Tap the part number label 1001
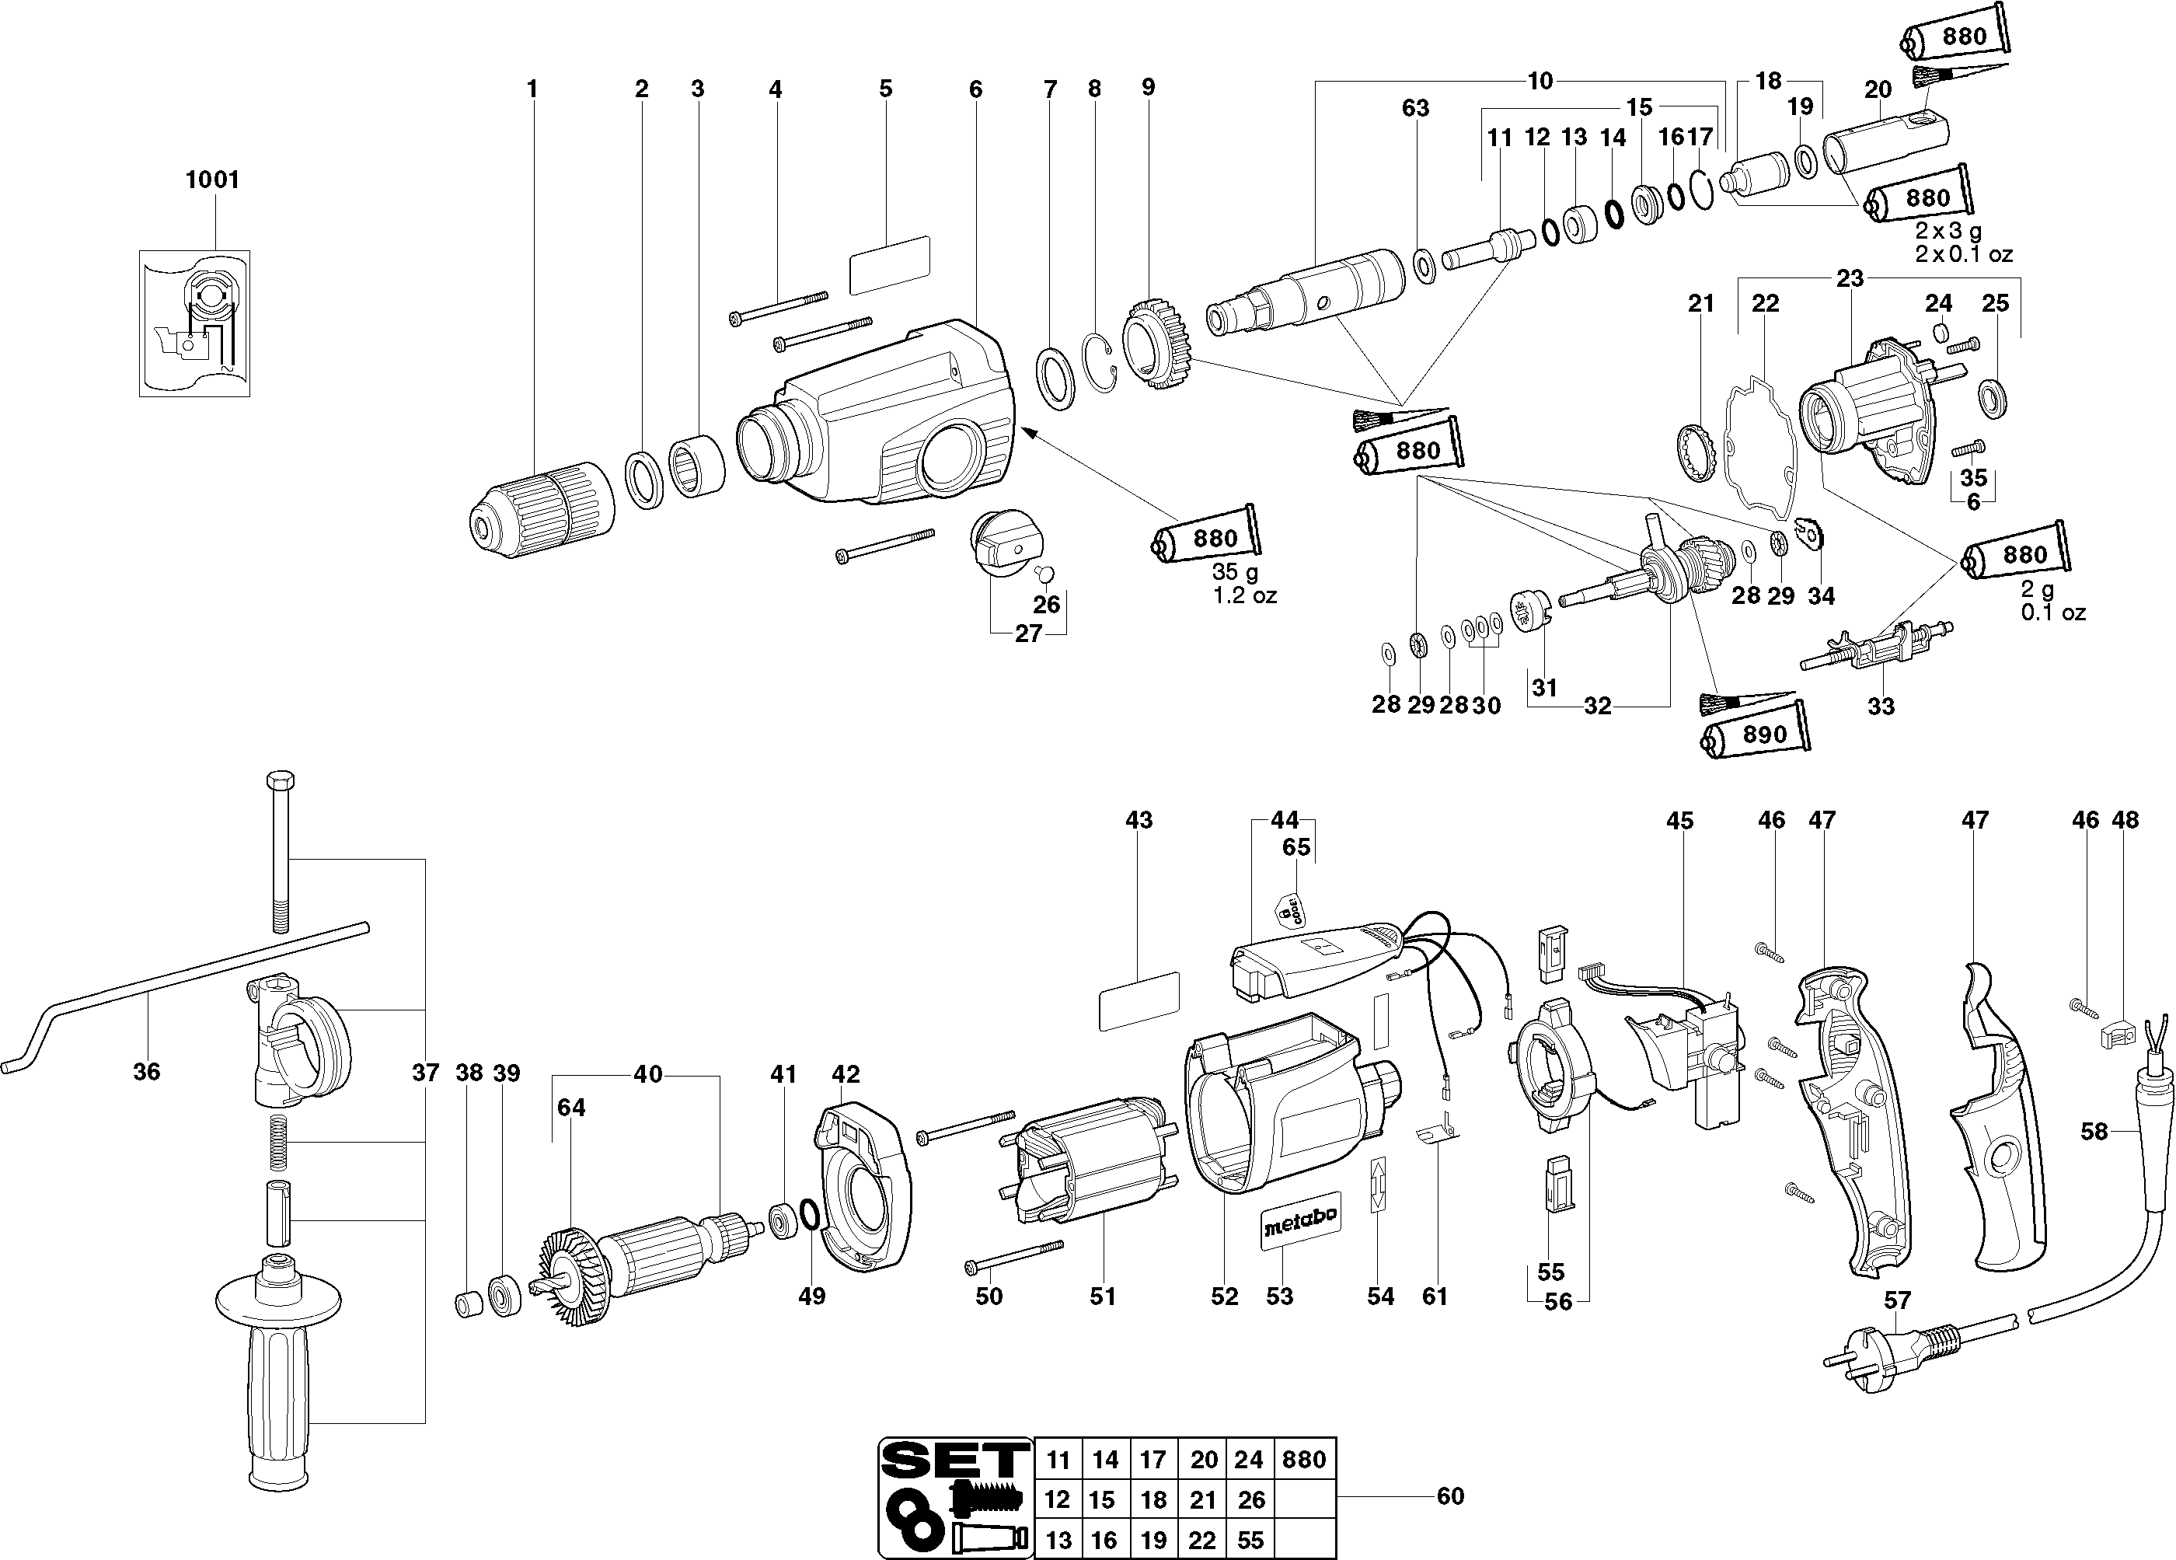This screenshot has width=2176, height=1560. pyautogui.click(x=212, y=180)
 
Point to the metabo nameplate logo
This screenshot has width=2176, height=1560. pyautogui.click(x=1299, y=1224)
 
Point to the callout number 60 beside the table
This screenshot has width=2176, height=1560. pyautogui.click(x=1449, y=1495)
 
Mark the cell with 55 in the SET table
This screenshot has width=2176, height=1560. pyautogui.click(x=1250, y=1539)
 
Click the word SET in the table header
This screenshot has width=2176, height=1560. pyautogui.click(x=953, y=1461)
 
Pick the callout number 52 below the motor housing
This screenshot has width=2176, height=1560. pyautogui.click(x=1224, y=1297)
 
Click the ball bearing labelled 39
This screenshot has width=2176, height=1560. pyautogui.click(x=504, y=1295)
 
